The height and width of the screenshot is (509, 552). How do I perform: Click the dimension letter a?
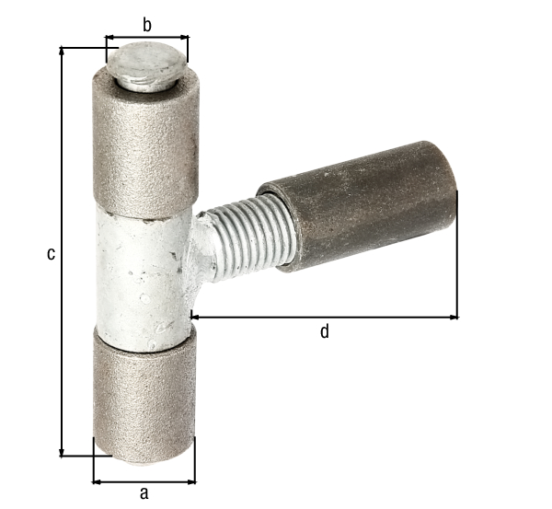(144, 493)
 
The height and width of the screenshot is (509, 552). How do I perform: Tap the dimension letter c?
(51, 252)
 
